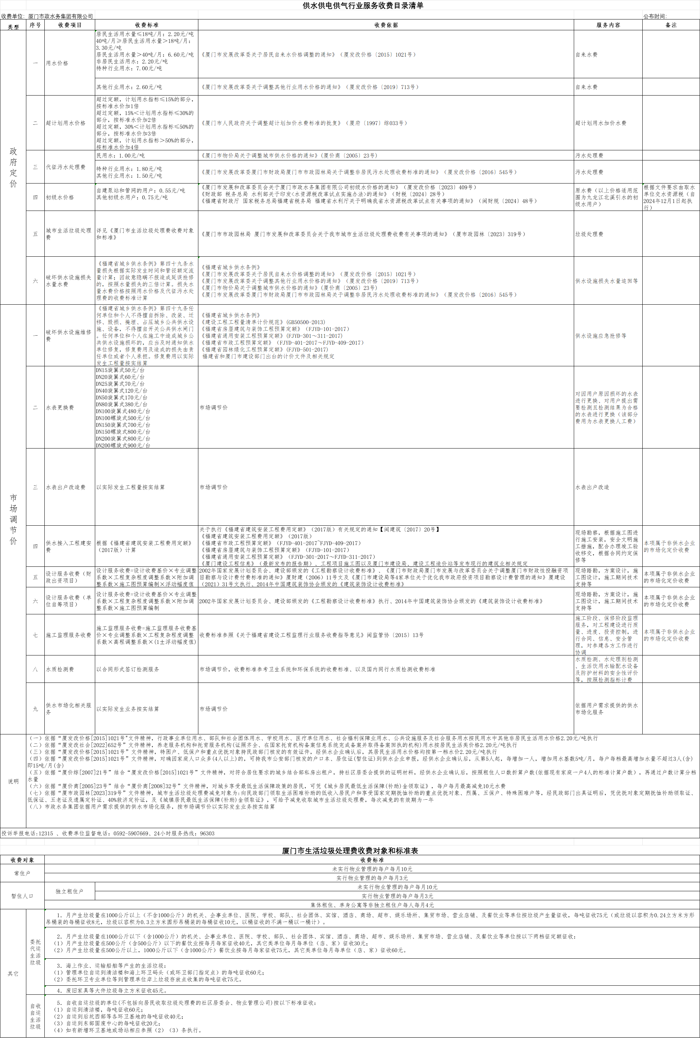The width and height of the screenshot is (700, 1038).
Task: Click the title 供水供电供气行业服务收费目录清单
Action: pos(362,6)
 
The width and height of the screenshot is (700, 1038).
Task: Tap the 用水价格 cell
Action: pos(57,63)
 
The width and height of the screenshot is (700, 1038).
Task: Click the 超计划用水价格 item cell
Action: pos(65,123)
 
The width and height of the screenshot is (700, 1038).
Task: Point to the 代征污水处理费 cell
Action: pos(65,167)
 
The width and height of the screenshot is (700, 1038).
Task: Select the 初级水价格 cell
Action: pos(60,197)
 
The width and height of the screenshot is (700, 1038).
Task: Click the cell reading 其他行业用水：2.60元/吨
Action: pos(129,88)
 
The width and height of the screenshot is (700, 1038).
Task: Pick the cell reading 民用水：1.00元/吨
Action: pos(120,156)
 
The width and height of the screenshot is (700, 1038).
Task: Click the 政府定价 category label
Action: pos(13,167)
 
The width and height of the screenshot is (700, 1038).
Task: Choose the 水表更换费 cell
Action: pos(60,407)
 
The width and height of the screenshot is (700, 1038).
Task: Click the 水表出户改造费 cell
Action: pos(65,487)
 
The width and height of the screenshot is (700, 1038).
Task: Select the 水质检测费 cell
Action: pos(60,670)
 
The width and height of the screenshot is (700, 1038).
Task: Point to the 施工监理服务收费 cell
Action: pos(68,635)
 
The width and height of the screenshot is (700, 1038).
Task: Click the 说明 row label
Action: pos(13,781)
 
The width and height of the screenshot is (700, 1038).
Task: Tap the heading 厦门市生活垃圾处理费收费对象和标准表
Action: pos(349,851)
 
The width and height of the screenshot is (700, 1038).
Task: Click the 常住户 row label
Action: pos(22,873)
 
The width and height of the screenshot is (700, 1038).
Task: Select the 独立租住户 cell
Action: pos(69,891)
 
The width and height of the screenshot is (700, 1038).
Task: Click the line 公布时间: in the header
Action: pos(655,17)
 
